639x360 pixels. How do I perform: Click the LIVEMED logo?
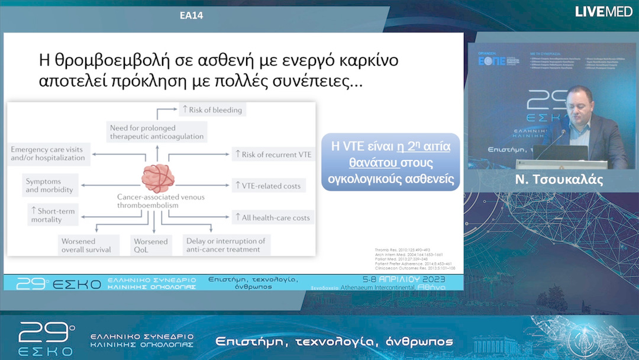603,11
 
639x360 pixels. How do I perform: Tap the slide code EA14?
191,16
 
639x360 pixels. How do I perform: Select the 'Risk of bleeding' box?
211,110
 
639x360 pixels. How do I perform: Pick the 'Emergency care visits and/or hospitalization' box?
49,153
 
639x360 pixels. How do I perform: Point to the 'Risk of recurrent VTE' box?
272,155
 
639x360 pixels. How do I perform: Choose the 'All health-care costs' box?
272,217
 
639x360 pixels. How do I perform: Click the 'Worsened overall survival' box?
86,245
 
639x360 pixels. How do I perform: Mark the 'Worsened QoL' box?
151,245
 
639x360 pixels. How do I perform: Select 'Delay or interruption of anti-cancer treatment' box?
225,245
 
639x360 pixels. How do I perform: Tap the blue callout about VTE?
391,162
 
